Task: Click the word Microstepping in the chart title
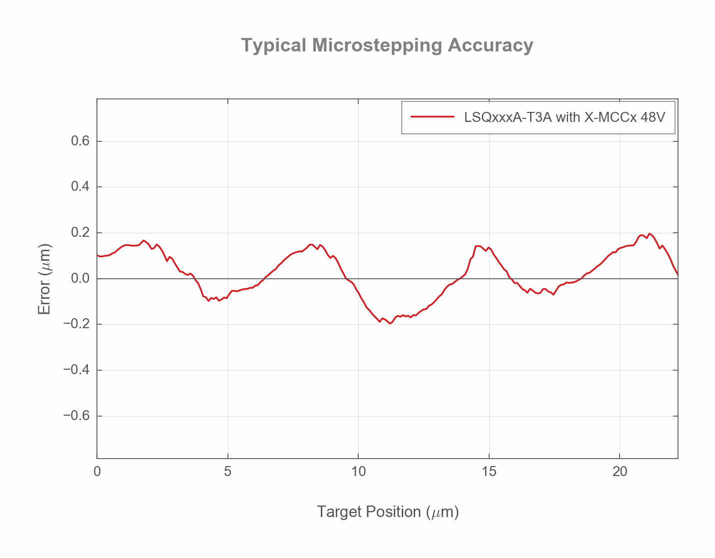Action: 377,45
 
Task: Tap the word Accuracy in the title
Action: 490,45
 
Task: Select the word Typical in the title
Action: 273,45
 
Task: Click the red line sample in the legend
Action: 432,117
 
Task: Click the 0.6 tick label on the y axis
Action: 80,141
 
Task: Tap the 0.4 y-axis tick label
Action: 80,187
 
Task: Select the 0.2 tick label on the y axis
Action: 80,233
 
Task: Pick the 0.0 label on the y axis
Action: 80,279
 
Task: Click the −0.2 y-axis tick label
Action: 76,324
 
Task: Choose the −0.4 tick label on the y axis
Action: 76,370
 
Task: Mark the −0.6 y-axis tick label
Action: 76,416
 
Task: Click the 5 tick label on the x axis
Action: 228,472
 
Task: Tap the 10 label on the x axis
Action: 358,472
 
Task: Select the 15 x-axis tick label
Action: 489,472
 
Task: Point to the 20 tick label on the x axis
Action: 620,472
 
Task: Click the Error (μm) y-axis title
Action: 44,279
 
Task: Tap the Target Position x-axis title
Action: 388,512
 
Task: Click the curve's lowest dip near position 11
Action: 390,323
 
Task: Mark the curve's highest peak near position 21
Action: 649,234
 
